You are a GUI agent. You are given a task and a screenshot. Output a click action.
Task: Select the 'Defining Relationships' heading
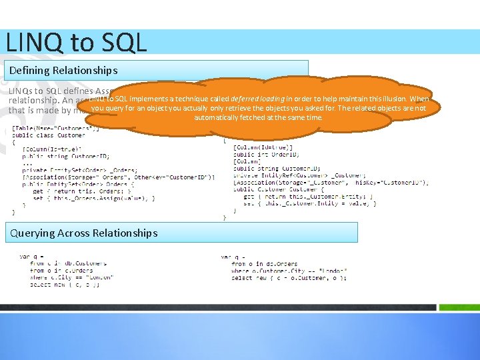click(63, 70)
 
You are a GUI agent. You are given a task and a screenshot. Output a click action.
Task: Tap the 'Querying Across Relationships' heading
click(83, 233)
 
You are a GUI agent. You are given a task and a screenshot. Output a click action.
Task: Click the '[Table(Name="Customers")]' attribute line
click(56, 128)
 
